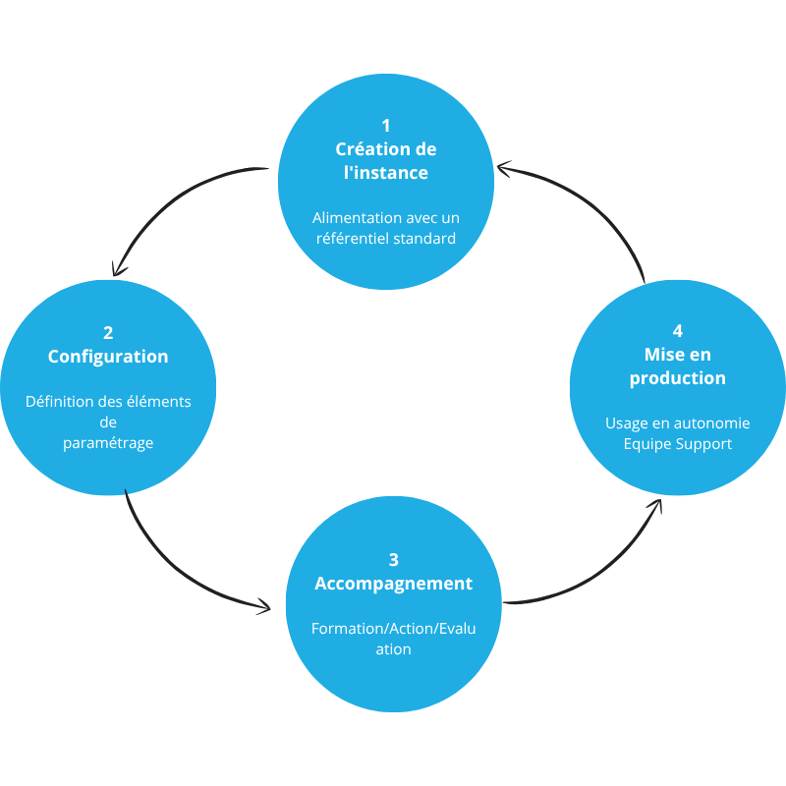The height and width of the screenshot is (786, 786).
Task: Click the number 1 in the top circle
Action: coord(385,126)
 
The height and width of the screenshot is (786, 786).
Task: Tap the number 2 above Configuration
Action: coord(108,333)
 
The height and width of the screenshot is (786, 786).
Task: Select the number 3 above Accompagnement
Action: coord(394,560)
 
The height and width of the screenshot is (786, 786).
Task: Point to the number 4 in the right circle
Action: coord(678,331)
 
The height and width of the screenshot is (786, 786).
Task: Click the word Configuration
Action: coord(108,357)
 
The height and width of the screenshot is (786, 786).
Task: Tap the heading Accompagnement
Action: coord(394,584)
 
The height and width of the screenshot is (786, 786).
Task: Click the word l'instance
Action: coord(386,173)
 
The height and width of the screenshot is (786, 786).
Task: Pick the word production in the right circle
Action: coord(678,378)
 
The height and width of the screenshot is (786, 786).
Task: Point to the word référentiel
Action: coord(353,239)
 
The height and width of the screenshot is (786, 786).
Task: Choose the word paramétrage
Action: coord(108,444)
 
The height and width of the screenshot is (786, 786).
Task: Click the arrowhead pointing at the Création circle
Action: coord(504,168)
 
